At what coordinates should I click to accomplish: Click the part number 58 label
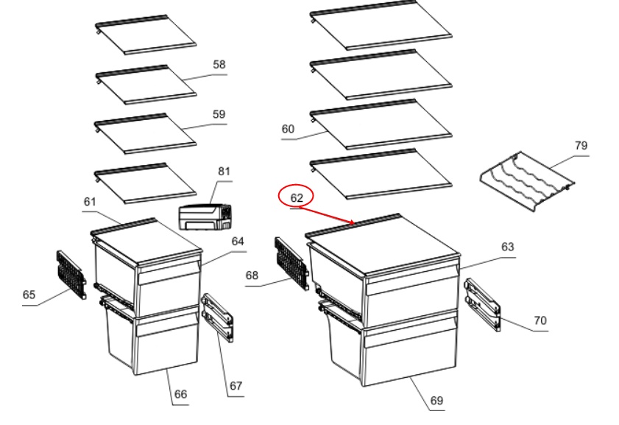[219, 65]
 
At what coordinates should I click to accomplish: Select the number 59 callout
[219, 115]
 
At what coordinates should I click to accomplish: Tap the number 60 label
[288, 129]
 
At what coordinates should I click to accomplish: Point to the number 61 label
[90, 202]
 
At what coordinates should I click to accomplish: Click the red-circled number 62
[297, 198]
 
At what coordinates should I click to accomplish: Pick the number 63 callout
[508, 247]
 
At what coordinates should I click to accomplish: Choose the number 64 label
[238, 242]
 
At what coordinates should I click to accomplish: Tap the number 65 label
[29, 295]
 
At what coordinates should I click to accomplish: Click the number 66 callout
[180, 394]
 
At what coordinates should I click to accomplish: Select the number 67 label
[236, 386]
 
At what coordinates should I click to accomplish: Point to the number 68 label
[252, 275]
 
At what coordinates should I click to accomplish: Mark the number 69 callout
[436, 401]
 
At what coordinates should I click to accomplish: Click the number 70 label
[540, 320]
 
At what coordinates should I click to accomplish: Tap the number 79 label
[581, 146]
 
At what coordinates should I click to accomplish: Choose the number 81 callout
[224, 172]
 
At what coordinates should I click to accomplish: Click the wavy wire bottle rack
[527, 182]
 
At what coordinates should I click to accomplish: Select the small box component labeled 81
[205, 217]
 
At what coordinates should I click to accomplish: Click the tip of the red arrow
[354, 224]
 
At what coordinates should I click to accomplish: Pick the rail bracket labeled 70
[482, 304]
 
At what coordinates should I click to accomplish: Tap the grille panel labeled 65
[71, 275]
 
